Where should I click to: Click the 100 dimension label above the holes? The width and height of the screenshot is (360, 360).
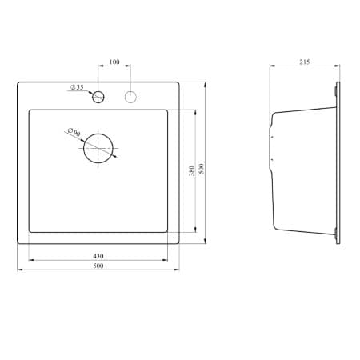pyautogui.click(x=114, y=62)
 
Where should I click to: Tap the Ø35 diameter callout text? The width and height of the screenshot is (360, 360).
pyautogui.click(x=78, y=86)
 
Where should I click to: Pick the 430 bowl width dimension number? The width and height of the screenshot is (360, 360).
pyautogui.click(x=98, y=255)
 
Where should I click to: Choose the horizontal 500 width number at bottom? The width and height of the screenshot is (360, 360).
pyautogui.click(x=98, y=267)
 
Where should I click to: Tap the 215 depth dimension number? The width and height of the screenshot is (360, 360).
pyautogui.click(x=304, y=62)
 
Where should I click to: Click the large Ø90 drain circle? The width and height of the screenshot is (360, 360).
pyautogui.click(x=99, y=150)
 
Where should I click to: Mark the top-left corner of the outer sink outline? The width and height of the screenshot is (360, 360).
pyautogui.click(x=18, y=80)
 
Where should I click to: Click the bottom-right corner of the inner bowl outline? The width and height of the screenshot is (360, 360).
pyautogui.click(x=168, y=231)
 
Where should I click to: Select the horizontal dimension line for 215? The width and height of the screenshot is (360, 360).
pyautogui.click(x=304, y=67)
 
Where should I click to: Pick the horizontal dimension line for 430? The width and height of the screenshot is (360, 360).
pyautogui.click(x=98, y=260)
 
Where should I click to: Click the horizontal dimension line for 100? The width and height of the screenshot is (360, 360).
pyautogui.click(x=114, y=67)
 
